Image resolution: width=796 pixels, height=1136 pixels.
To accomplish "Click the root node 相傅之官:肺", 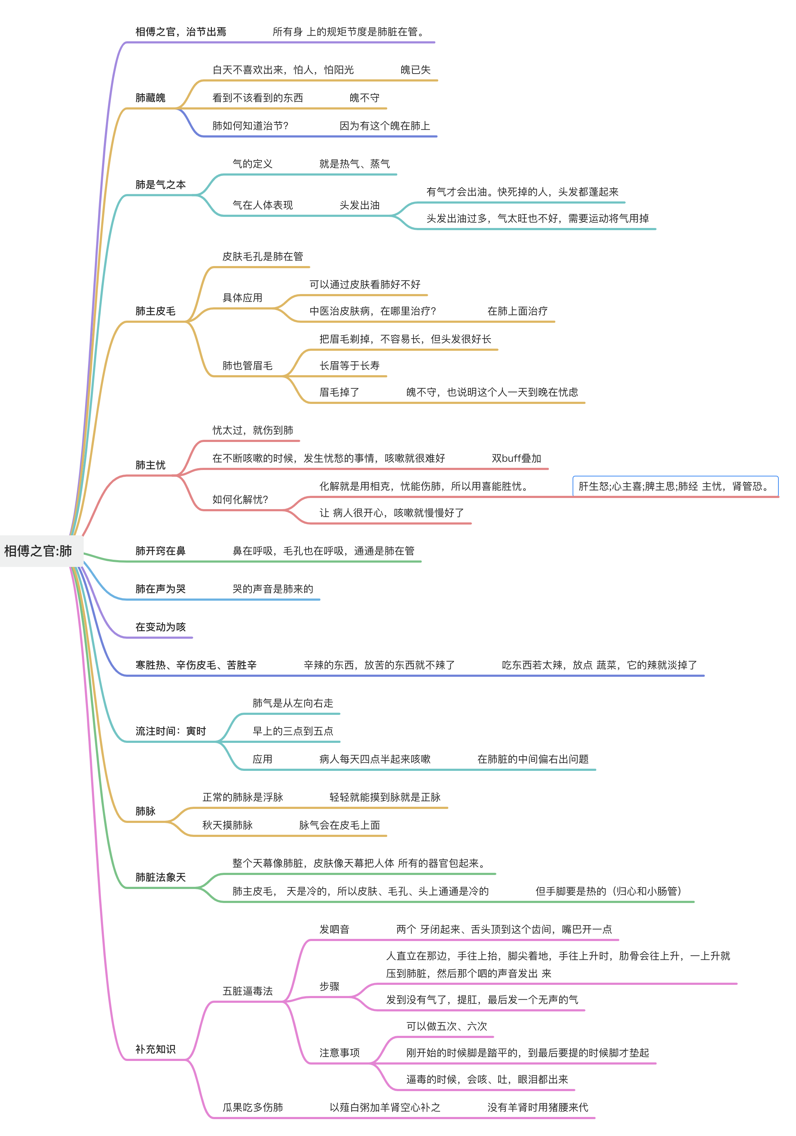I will (38, 551).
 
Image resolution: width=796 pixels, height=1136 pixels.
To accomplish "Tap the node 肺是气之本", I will (161, 185).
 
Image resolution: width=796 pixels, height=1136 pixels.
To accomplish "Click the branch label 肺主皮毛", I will (156, 311).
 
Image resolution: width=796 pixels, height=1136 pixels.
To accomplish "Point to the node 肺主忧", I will (151, 465).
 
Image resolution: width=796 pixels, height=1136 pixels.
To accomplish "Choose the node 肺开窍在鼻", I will (161, 551).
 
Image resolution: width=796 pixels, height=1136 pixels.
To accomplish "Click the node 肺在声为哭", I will (161, 589).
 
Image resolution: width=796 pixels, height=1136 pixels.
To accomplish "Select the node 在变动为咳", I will (161, 627).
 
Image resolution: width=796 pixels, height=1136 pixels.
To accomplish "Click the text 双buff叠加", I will (516, 458).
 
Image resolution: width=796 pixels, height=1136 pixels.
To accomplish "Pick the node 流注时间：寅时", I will (170, 731).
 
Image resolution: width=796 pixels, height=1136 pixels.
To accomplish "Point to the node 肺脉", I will (145, 811).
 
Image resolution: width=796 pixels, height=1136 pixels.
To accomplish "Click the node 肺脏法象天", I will (161, 877).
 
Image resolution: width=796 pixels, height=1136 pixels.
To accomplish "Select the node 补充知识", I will (156, 1049).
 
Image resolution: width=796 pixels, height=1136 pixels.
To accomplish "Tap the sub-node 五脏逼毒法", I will (247, 991).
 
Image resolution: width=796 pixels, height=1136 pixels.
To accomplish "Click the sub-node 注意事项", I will (339, 1053).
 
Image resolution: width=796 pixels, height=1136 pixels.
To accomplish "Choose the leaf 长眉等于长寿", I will (350, 366).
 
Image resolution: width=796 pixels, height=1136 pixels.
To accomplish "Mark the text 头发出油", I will (360, 205).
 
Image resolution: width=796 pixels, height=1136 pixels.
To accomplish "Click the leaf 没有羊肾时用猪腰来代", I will (538, 1107).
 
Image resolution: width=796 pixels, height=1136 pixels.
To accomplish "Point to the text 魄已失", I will (415, 70).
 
